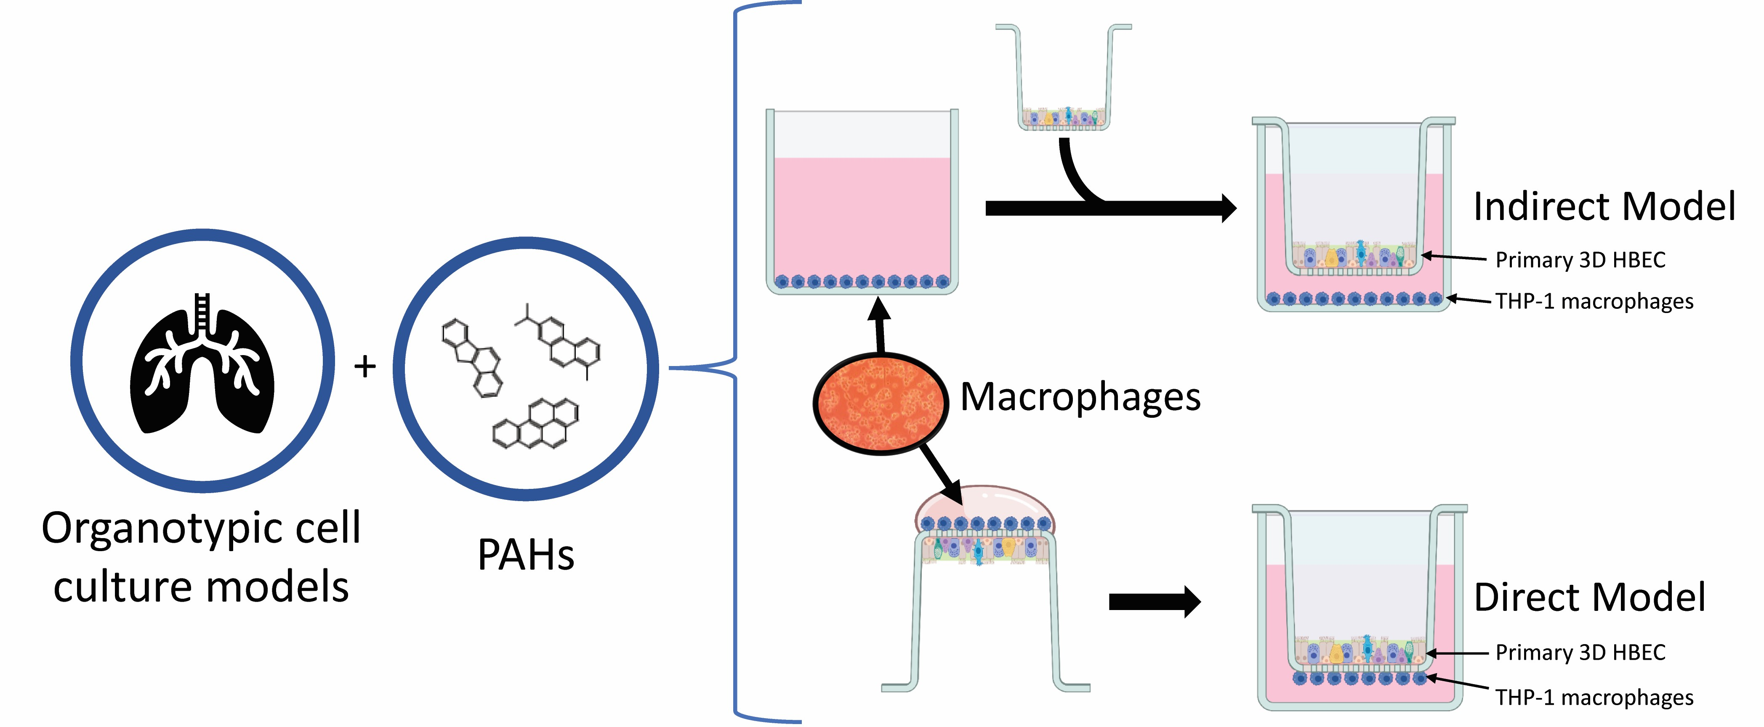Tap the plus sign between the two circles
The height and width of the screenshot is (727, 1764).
coord(365,366)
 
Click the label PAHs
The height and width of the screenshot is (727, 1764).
coord(525,555)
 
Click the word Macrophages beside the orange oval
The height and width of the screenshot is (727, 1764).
coord(1080,397)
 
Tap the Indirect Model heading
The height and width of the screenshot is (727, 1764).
coord(1604,207)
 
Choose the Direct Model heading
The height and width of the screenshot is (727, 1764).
coord(1589,597)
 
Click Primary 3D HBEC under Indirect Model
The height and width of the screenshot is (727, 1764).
coord(1580,260)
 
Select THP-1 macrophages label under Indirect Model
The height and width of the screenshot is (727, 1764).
coord(1594,301)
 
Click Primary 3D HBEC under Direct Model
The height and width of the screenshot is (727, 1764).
coord(1580,653)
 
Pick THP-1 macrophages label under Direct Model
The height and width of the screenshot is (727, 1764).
coord(1594,698)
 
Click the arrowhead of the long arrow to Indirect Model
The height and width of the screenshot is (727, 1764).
coord(1227,208)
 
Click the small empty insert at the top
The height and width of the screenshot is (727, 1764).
coord(1063,75)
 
